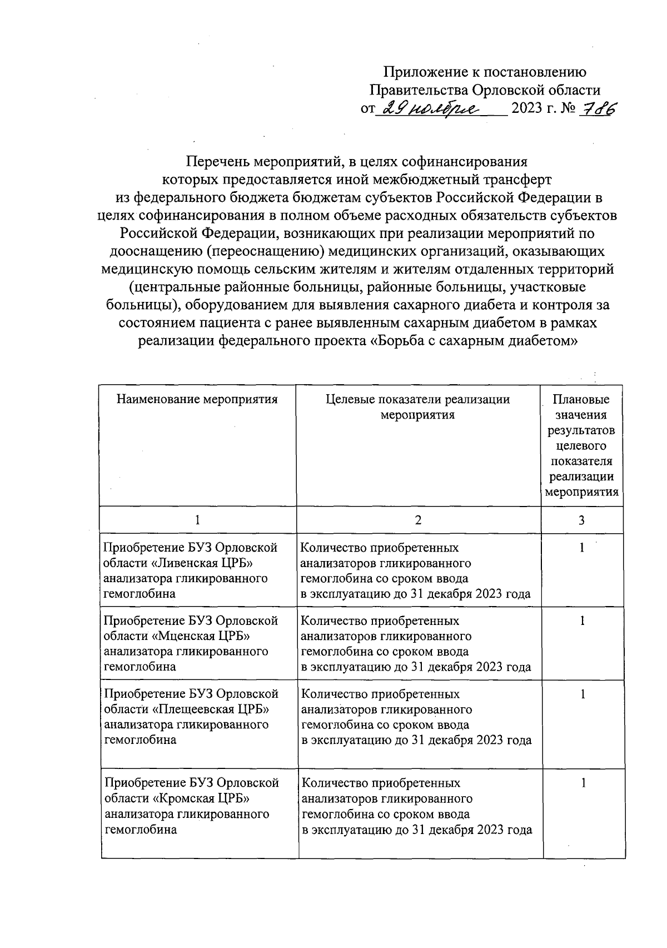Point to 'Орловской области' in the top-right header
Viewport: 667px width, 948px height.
point(536,90)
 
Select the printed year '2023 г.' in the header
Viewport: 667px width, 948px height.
point(534,108)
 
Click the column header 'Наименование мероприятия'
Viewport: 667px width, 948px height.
point(197,399)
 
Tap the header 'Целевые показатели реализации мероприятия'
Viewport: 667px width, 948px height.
point(417,407)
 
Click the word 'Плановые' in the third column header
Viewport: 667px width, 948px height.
point(581,399)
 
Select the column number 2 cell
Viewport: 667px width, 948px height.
point(418,520)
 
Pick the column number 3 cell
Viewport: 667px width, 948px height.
point(581,520)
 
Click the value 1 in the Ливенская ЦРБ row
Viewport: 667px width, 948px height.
point(582,548)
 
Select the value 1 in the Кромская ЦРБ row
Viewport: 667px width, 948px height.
point(583,783)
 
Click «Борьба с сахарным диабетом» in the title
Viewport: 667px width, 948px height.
point(472,341)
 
